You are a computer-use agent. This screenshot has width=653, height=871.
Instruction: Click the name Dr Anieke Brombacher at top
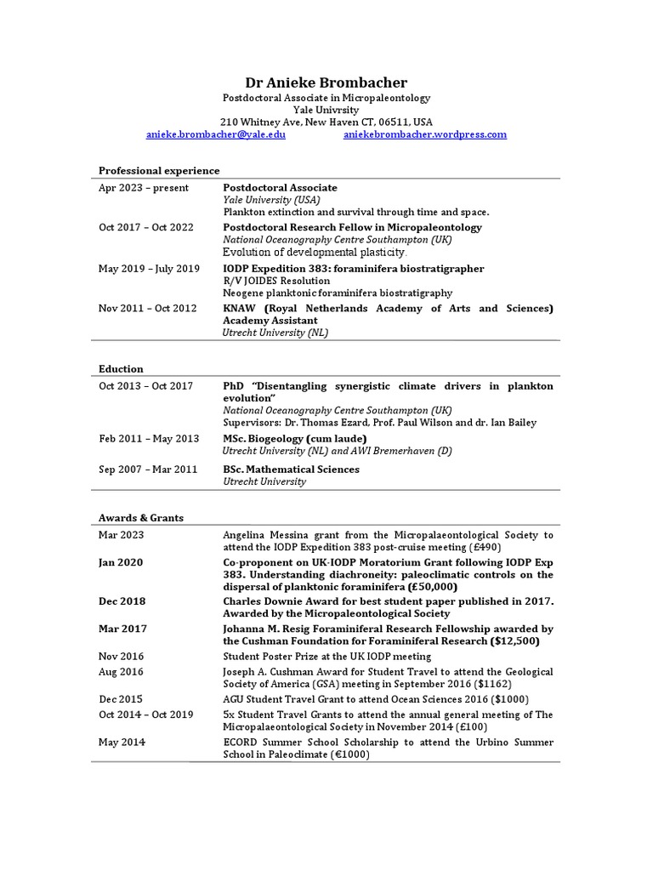pyautogui.click(x=326, y=83)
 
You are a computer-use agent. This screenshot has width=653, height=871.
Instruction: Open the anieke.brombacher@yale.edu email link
pyautogui.click(x=216, y=134)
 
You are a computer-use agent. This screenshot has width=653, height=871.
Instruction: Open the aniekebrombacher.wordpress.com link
pyautogui.click(x=424, y=134)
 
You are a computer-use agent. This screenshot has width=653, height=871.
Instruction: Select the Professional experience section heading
pyautogui.click(x=159, y=171)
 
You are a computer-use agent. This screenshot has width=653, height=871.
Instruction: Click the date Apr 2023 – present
pyautogui.click(x=144, y=188)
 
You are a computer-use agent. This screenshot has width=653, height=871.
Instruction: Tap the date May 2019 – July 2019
pyautogui.click(x=149, y=269)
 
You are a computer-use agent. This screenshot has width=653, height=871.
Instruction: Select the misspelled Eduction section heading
pyautogui.click(x=121, y=369)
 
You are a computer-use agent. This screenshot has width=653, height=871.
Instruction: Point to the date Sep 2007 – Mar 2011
pyautogui.click(x=148, y=470)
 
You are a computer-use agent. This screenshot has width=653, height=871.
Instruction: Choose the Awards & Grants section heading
pyautogui.click(x=141, y=518)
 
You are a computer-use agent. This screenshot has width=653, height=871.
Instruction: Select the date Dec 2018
pyautogui.click(x=122, y=601)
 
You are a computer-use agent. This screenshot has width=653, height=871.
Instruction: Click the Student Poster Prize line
pyautogui.click(x=326, y=657)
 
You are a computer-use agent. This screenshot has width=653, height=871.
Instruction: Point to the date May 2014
pyautogui.click(x=122, y=743)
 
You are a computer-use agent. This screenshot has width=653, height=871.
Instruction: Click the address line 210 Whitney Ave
pyautogui.click(x=326, y=122)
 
